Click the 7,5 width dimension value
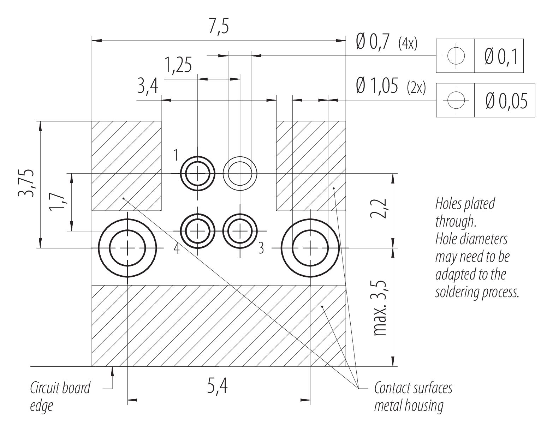219,26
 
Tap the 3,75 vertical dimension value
26,183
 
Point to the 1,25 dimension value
178,65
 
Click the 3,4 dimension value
148,86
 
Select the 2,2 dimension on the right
378,209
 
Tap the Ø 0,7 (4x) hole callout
387,42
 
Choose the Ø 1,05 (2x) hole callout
391,86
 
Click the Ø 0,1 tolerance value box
499,56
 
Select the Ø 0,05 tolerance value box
505,100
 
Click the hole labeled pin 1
197,174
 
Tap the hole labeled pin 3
240,231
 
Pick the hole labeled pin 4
197,231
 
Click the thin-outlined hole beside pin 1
240,174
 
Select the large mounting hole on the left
127,248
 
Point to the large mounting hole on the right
310,248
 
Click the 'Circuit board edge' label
60,396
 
